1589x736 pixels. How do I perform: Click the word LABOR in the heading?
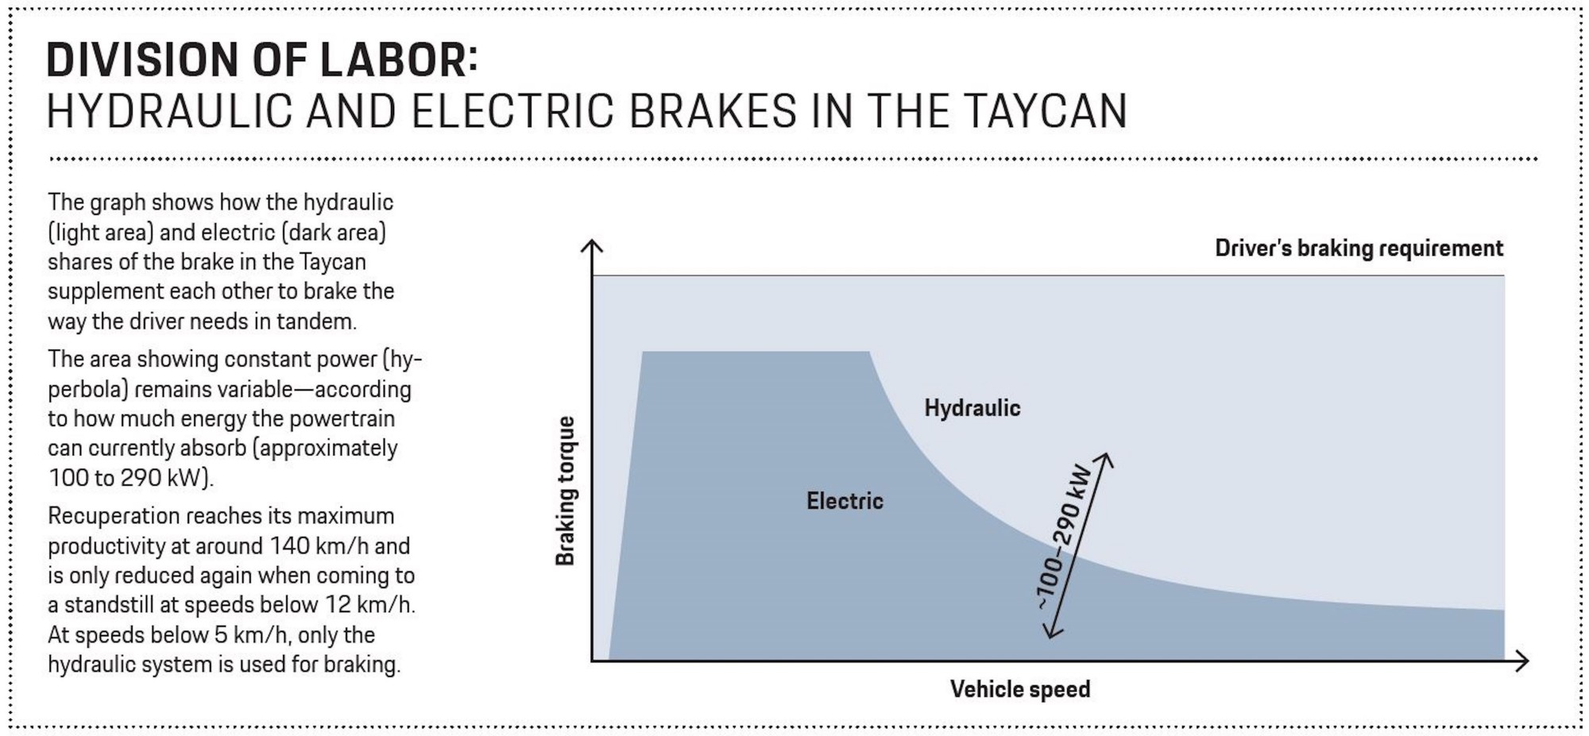click(x=400, y=60)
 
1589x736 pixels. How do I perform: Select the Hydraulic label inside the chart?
click(x=972, y=408)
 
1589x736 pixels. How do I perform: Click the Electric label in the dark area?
click(x=845, y=501)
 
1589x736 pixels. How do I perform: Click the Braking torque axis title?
click(x=565, y=491)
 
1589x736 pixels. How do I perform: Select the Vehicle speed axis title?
click(x=1020, y=689)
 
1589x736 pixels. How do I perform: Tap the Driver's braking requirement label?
click(x=1359, y=249)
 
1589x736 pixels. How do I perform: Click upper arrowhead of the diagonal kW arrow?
click(x=1104, y=459)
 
